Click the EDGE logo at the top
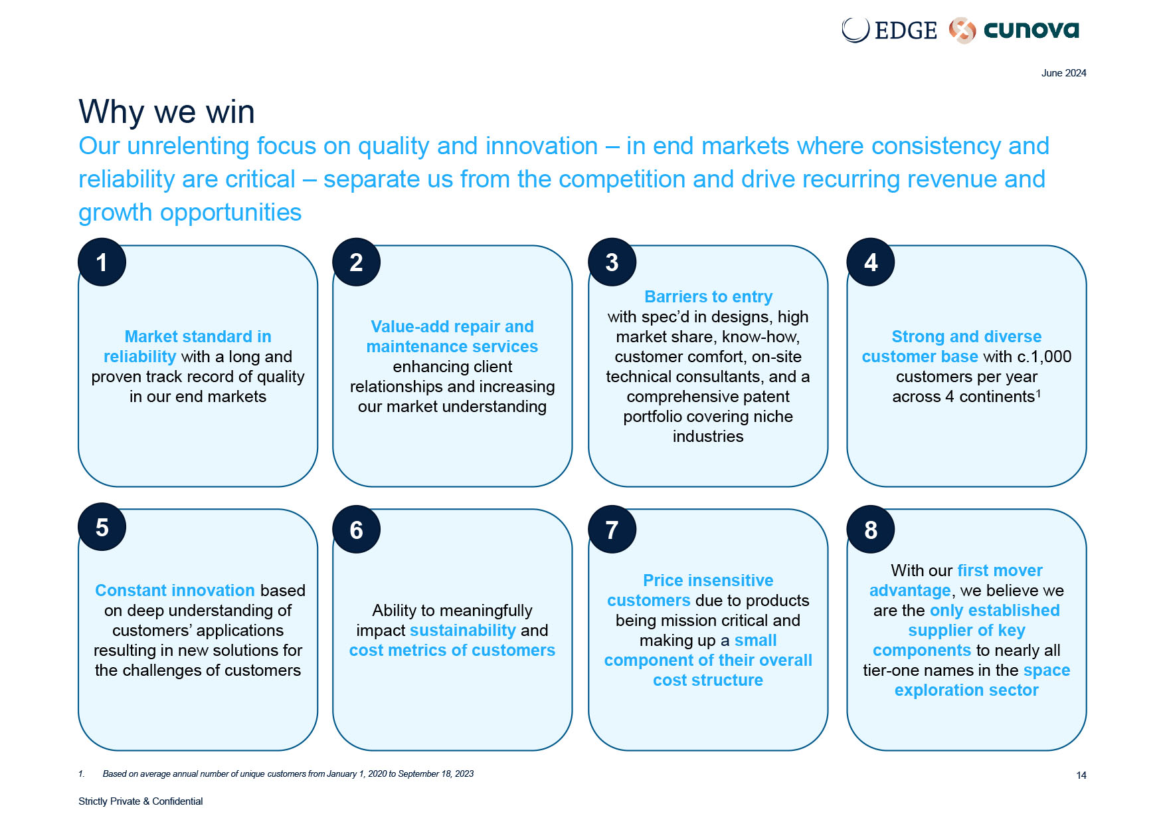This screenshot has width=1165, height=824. (889, 30)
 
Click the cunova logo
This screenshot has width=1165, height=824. (1014, 30)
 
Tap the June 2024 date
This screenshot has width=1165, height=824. (1063, 73)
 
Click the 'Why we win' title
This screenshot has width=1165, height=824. (167, 112)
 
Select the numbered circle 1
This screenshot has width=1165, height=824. (102, 262)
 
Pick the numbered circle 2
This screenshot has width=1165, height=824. (357, 262)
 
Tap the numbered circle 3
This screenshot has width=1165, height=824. (612, 262)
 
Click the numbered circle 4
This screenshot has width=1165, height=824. (871, 262)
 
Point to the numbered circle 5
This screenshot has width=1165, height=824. (102, 527)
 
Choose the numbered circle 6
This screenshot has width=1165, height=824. (357, 529)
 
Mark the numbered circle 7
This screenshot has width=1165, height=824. (612, 529)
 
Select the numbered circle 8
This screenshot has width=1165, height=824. (871, 529)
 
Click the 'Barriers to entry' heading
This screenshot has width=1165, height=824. (709, 296)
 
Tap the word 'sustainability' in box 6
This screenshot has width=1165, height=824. (463, 630)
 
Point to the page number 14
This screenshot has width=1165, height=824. (1081, 775)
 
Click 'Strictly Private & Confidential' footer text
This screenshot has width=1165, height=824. (141, 801)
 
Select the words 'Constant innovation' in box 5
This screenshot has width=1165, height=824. (175, 590)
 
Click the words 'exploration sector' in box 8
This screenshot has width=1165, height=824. (966, 690)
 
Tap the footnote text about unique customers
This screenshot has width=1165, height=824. (288, 773)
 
